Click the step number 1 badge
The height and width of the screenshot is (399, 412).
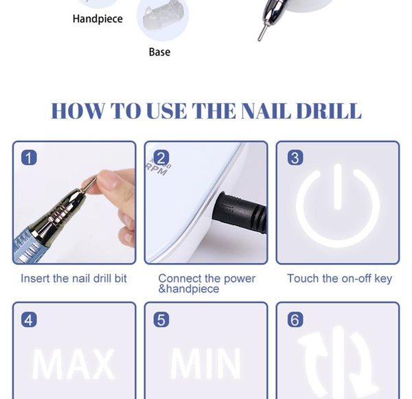[x=29, y=158]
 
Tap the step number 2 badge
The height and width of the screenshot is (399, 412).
[x=161, y=158]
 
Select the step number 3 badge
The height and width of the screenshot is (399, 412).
[x=295, y=158]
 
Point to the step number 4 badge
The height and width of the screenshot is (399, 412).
[x=29, y=319]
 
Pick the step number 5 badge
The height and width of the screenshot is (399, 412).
[x=161, y=319]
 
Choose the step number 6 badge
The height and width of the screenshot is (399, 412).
[x=295, y=319]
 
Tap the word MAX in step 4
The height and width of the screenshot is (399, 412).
[x=73, y=365]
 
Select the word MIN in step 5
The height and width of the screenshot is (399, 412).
[x=205, y=365]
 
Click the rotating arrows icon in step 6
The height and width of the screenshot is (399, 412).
[x=337, y=364]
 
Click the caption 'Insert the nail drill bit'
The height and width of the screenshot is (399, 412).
[x=73, y=279]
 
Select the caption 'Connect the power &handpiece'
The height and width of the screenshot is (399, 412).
[x=206, y=284]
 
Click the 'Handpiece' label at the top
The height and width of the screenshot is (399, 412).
[x=98, y=19]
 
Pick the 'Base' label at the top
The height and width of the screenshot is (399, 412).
[x=159, y=52]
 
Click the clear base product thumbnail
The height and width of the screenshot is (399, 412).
[x=162, y=21]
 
